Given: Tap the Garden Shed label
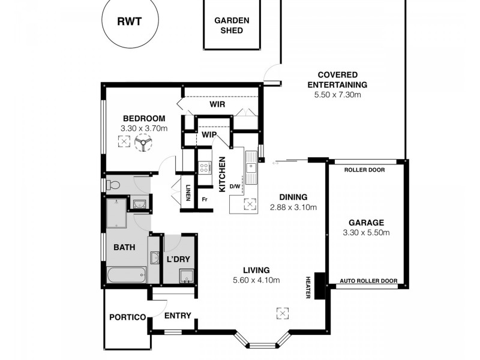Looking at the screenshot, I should click(232, 25).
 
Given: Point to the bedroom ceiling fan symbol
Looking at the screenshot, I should click(143, 143).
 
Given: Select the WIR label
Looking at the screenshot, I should click(217, 104).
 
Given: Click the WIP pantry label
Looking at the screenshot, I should click(208, 135).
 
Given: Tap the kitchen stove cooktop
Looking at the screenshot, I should click(205, 167).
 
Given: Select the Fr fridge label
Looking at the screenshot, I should click(205, 199).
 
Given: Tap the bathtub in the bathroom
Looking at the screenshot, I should click(125, 276).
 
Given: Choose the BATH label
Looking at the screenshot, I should click(124, 247).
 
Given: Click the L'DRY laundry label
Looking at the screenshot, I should click(178, 259).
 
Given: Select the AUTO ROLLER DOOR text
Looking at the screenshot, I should click(368, 281).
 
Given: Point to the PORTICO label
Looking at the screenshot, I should click(127, 317).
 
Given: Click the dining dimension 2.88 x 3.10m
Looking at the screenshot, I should click(293, 207).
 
